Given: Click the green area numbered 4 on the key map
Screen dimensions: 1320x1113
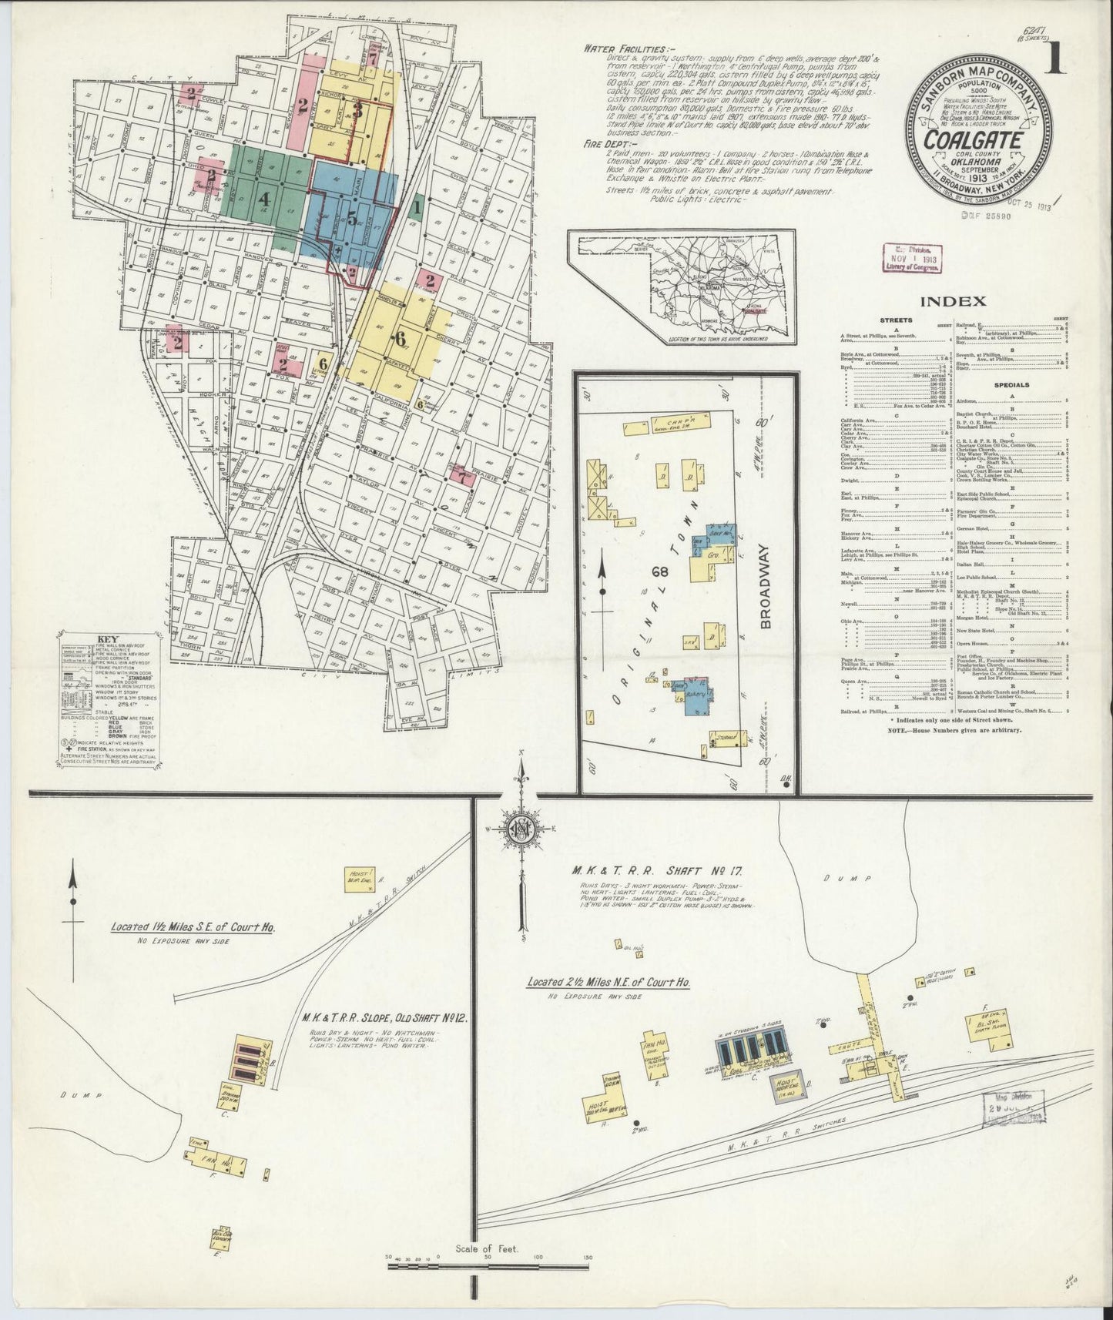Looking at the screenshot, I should point(264,197).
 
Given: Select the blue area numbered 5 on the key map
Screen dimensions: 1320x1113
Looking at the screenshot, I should point(351,218).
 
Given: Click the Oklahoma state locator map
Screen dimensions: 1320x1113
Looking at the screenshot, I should point(680,286).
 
